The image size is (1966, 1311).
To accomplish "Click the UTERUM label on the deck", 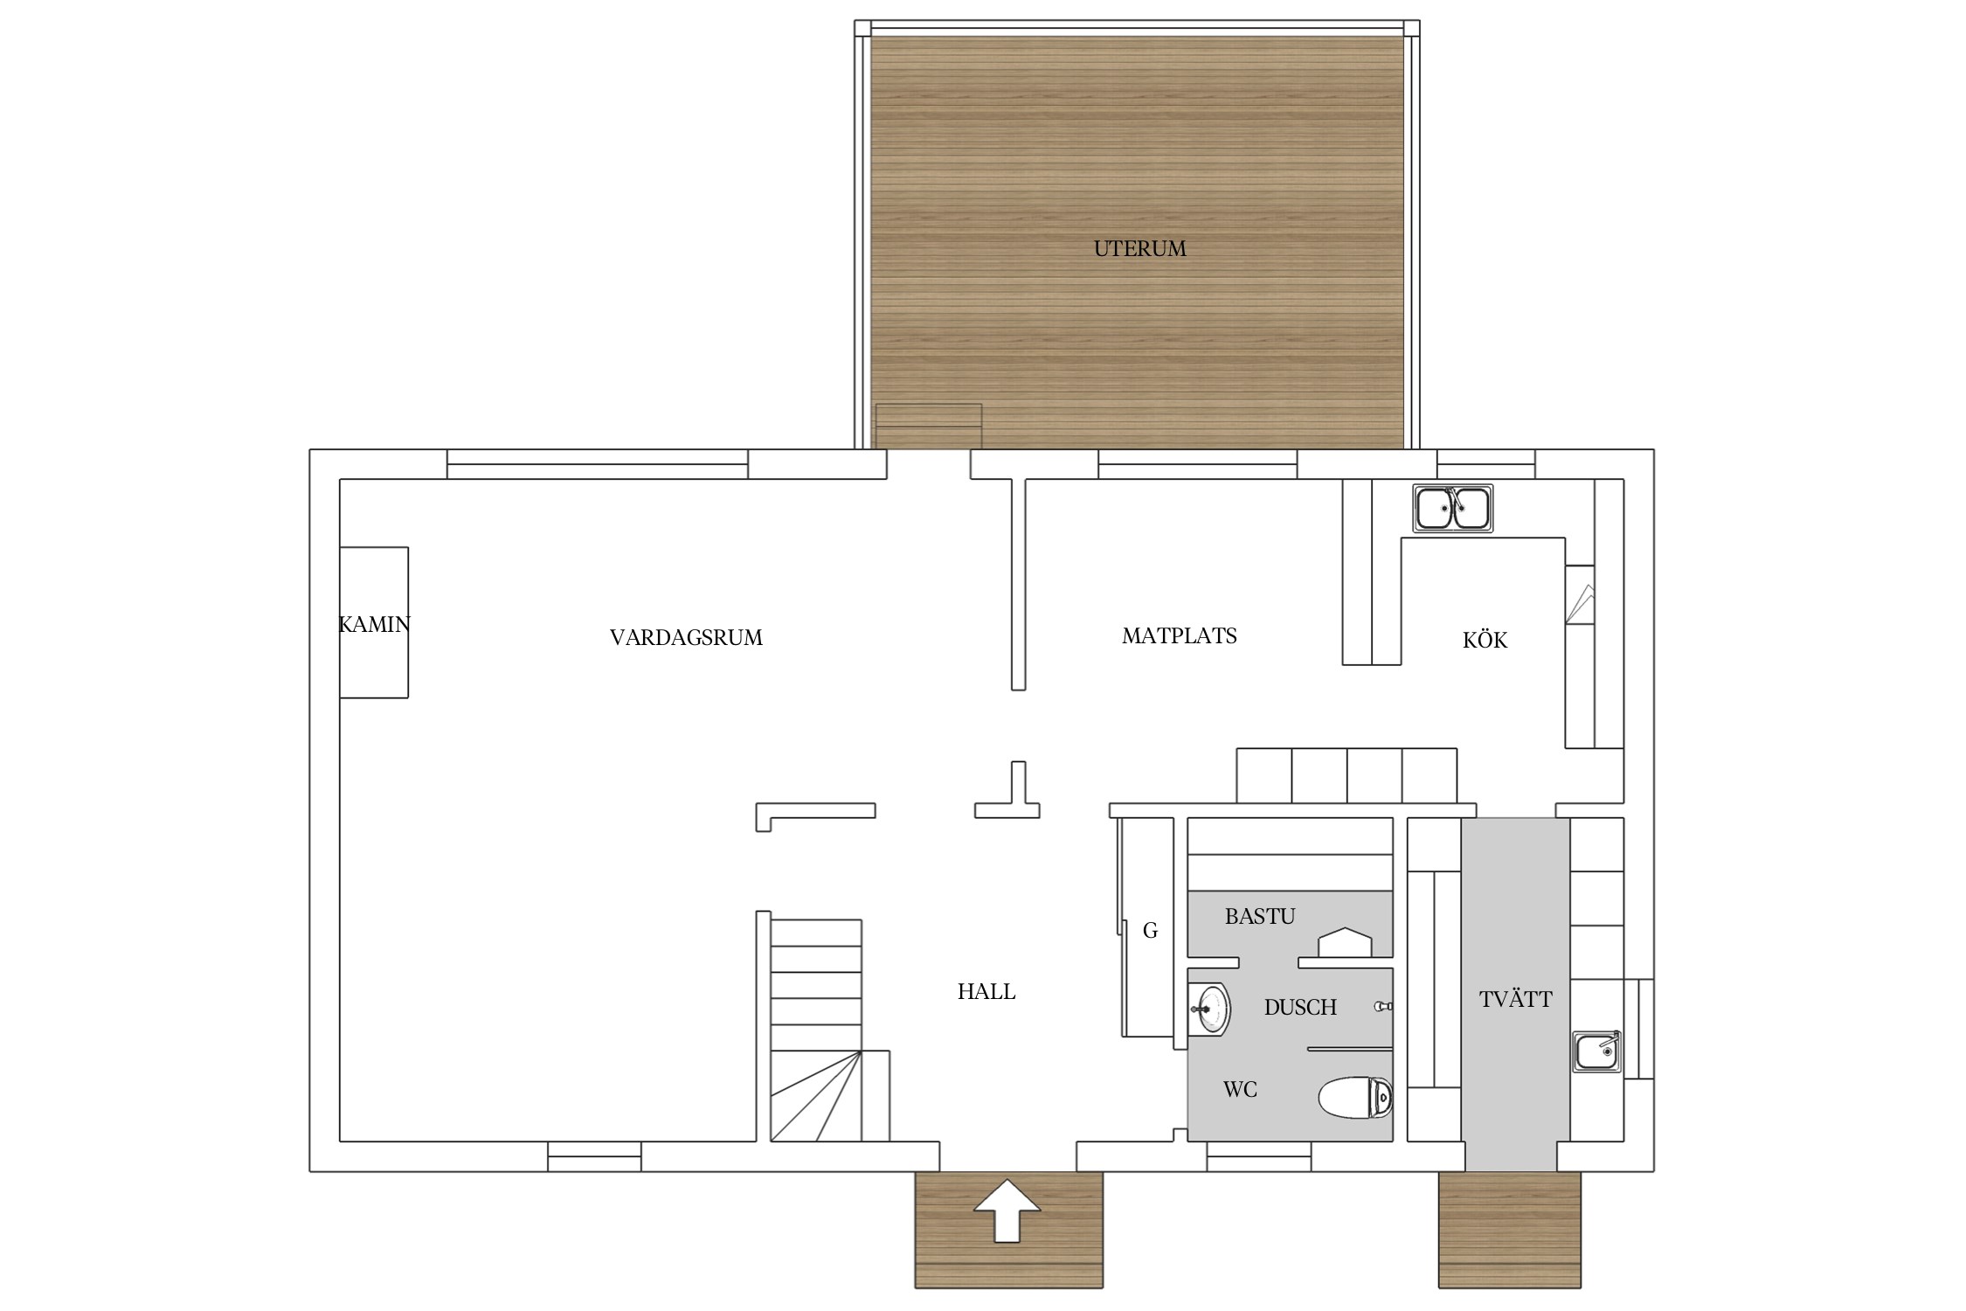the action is click(1139, 249).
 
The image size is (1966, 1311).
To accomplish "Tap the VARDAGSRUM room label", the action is click(686, 638).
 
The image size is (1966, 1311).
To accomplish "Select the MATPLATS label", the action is click(1179, 636).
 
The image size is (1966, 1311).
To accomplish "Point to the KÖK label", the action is click(1485, 640).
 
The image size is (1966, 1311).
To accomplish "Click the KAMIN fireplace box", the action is click(374, 622).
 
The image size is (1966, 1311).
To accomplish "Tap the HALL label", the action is click(986, 992).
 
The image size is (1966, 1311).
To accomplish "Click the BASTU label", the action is click(1260, 917).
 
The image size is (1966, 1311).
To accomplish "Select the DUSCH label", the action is click(1300, 1008).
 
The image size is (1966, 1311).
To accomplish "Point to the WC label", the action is click(1240, 1090).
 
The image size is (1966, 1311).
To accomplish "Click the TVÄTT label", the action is click(1516, 999).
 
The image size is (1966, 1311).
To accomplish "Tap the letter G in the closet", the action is click(1150, 932).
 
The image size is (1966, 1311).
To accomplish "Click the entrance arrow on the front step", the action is click(1007, 1210).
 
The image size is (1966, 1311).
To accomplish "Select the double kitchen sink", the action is click(1453, 508).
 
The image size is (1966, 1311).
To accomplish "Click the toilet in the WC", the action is click(1355, 1098).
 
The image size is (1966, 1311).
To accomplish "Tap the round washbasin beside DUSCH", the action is click(1209, 1009).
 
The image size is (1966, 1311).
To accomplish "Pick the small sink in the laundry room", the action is click(1598, 1051).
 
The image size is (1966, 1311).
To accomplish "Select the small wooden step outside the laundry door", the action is click(1510, 1231).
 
